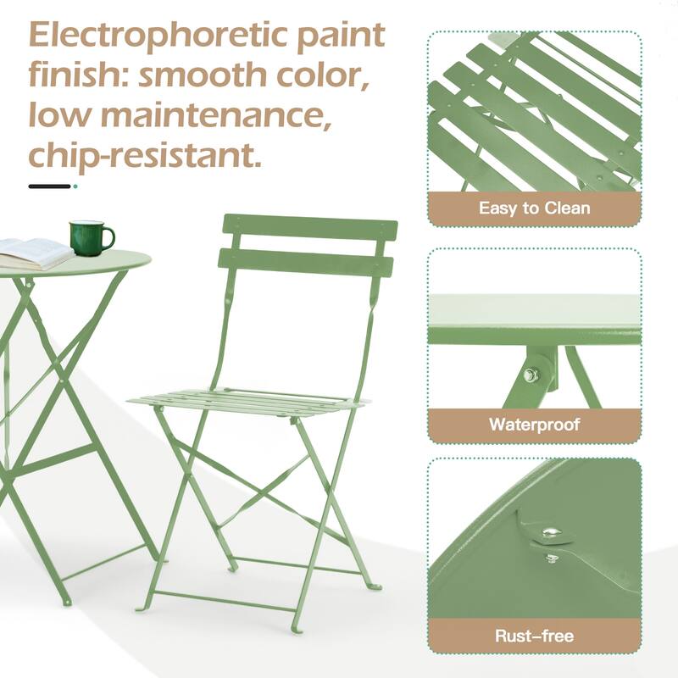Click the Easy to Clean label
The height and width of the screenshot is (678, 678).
point(534,208)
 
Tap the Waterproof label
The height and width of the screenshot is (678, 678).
point(534,424)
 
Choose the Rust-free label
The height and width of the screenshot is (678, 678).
point(534,635)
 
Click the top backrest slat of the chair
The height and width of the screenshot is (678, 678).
point(309,228)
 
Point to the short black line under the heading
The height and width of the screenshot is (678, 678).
point(48,186)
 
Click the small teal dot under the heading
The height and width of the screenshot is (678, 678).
point(75,186)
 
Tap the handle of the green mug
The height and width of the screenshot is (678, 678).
point(108,237)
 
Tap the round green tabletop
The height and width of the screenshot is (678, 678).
point(102,263)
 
